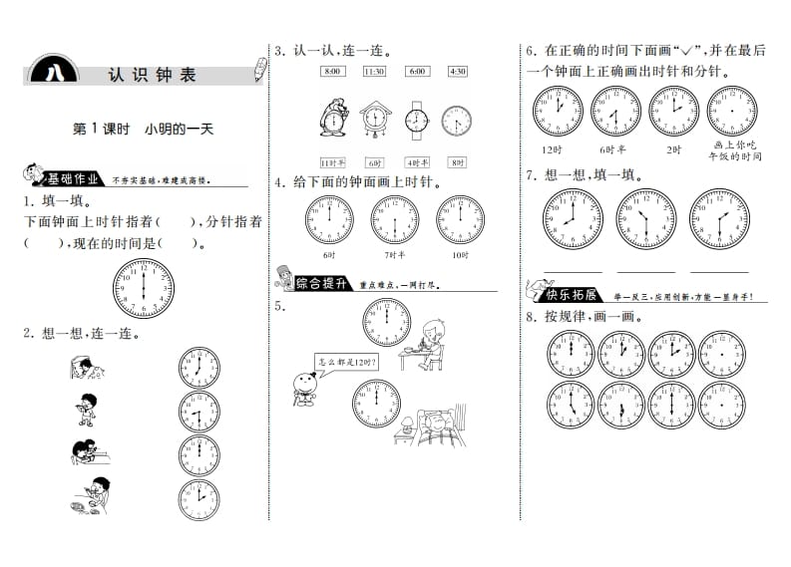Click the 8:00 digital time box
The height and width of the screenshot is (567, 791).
(332, 71)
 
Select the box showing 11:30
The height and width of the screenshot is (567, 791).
(374, 71)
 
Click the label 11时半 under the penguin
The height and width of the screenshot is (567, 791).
(332, 162)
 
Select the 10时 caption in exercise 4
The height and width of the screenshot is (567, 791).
(459, 255)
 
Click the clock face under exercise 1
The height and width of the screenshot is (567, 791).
(143, 287)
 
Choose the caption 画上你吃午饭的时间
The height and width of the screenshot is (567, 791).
(733, 149)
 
